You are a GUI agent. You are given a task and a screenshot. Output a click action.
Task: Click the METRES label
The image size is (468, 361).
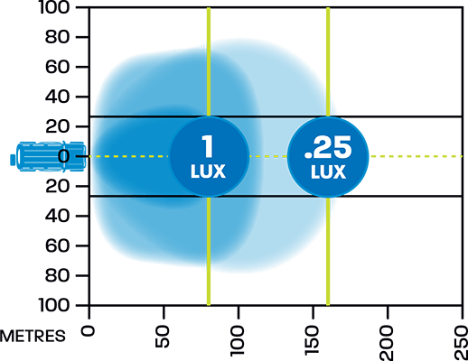(x=33, y=336)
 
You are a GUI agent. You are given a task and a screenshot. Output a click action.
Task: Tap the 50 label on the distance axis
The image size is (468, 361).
(x=163, y=337)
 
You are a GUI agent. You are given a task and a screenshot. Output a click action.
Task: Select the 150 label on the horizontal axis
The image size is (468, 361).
(x=313, y=341)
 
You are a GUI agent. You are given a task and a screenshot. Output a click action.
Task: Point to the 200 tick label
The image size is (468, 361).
(x=388, y=344)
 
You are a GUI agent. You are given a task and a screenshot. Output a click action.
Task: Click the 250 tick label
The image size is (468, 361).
(x=462, y=344)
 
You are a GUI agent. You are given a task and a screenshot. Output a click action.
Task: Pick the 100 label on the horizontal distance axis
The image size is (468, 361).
(x=238, y=341)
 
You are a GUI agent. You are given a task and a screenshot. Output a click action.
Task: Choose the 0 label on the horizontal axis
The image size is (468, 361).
(x=88, y=331)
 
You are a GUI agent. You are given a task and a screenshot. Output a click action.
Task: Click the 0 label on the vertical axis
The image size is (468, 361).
(x=64, y=156)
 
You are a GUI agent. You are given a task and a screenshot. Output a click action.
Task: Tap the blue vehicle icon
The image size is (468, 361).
(x=48, y=156)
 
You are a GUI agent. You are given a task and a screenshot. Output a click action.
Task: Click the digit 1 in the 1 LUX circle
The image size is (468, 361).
(x=208, y=146)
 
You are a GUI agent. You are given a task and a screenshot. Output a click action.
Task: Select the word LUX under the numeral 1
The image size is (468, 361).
(x=208, y=171)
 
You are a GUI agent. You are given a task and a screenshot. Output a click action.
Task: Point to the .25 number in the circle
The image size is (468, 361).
(x=328, y=147)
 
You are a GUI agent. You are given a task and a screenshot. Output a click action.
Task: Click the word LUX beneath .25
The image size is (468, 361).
(x=328, y=172)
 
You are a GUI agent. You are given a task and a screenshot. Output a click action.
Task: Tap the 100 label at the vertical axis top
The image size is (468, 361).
(x=54, y=7)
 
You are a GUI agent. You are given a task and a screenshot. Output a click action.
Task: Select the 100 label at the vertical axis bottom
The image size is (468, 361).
(x=54, y=306)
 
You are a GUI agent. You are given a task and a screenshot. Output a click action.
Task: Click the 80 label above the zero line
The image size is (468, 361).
(x=58, y=37)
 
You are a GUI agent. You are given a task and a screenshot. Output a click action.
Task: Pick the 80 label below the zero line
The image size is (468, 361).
(x=58, y=275)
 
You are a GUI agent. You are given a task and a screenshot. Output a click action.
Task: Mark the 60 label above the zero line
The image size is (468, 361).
(x=58, y=67)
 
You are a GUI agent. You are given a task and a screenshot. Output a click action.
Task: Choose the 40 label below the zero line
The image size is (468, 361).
(x=58, y=216)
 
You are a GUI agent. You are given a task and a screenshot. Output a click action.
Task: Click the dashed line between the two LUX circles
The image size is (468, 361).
(x=268, y=156)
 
